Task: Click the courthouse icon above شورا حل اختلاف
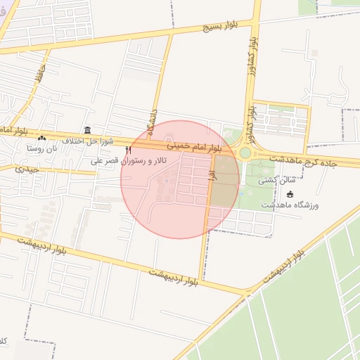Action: tap(86, 131)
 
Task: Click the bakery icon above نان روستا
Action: tap(42, 139)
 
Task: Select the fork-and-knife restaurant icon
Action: tap(129, 150)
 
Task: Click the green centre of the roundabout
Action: tap(245, 153)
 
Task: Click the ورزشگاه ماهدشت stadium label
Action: tap(290, 205)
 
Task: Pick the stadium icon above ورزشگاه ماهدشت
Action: tap(290, 194)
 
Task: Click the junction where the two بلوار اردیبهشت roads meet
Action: tap(246, 291)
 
